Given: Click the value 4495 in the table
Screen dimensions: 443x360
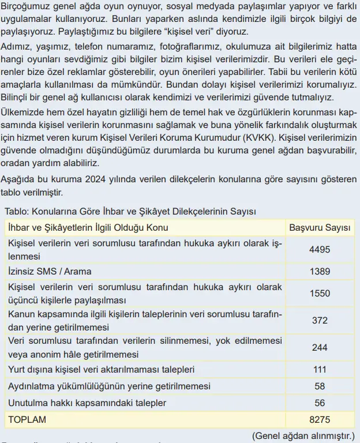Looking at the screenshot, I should point(320,249).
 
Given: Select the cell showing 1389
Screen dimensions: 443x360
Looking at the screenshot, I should point(320,271).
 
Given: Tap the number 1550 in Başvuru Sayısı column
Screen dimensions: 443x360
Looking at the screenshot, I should point(320,293).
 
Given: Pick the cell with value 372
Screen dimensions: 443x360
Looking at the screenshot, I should point(320,320).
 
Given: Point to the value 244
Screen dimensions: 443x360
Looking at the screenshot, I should point(320,347).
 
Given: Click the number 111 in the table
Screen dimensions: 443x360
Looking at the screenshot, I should point(320,369).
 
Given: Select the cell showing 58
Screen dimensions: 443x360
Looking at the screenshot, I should point(320,386).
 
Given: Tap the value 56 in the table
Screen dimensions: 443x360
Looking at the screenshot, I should point(320,403).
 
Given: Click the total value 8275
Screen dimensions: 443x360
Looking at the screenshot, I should point(320,419).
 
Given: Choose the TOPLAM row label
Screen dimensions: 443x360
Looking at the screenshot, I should point(27,419).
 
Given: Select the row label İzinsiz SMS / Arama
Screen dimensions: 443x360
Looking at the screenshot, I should point(50,271).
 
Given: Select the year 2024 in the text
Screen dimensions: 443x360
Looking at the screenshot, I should point(97,180).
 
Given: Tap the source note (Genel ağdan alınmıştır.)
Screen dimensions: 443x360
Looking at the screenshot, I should point(304,436).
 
